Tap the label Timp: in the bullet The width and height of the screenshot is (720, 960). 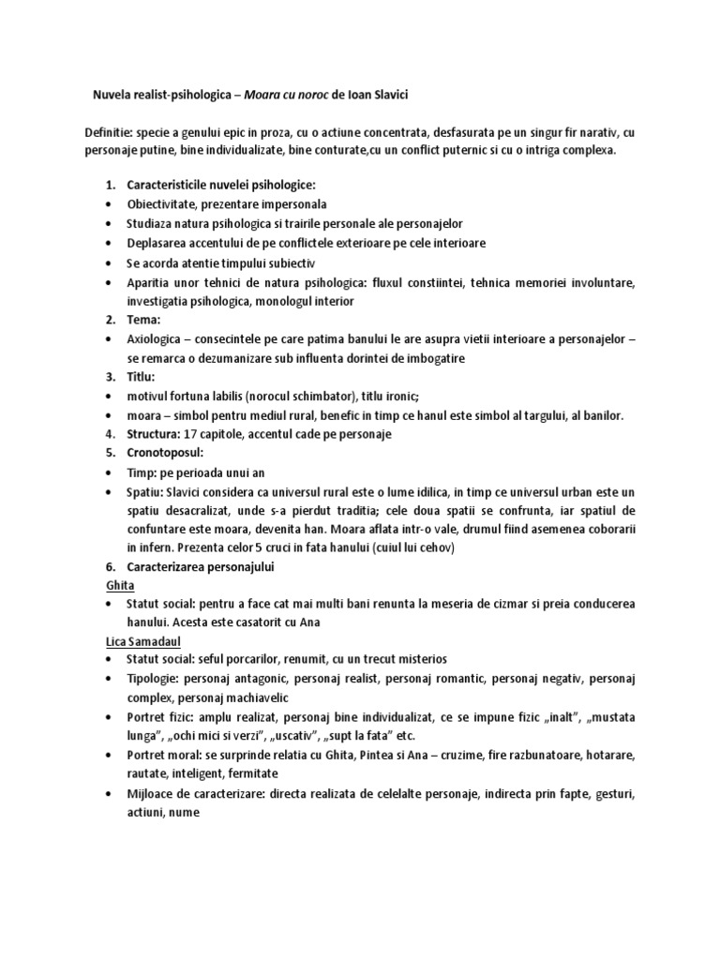click(x=142, y=473)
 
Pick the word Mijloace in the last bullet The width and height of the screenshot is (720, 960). click(x=153, y=794)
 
